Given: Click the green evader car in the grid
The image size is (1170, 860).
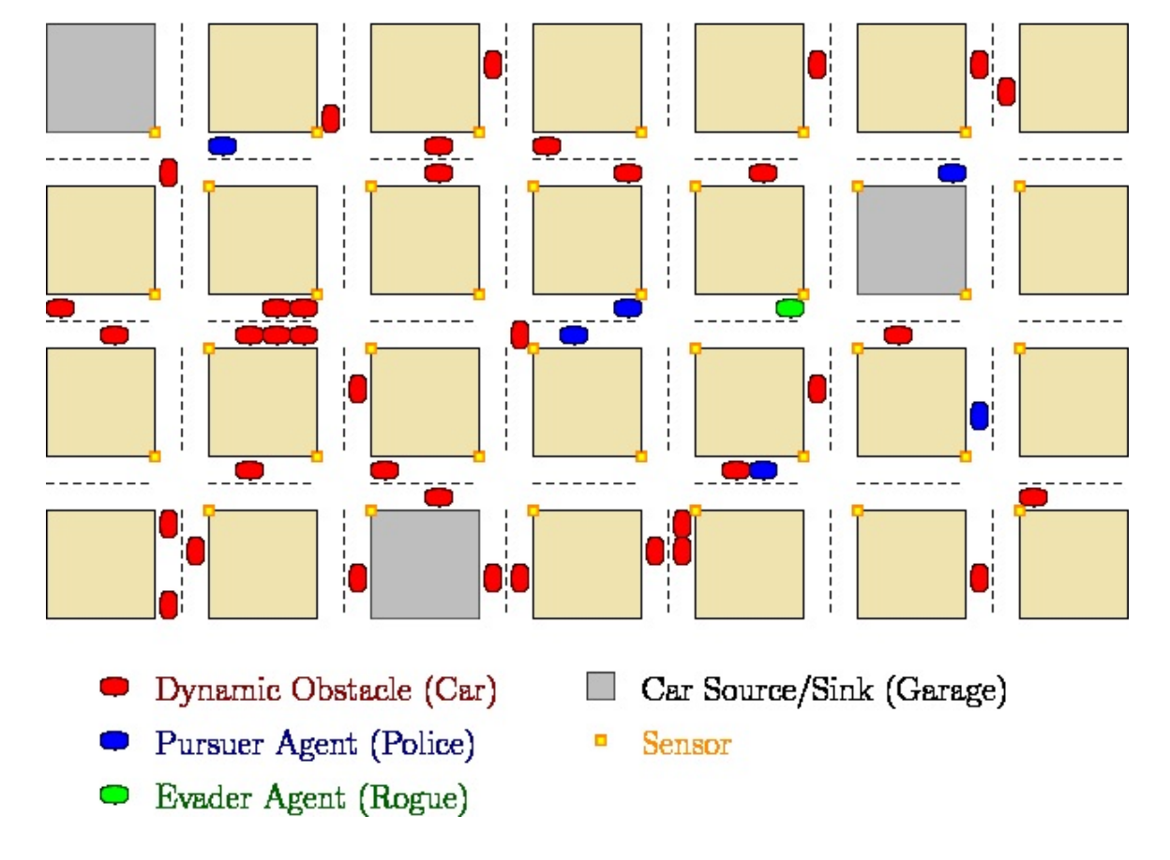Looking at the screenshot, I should tap(790, 307).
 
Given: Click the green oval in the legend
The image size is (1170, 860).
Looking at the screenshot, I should tap(114, 795).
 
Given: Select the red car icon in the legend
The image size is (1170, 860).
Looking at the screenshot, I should tap(114, 688).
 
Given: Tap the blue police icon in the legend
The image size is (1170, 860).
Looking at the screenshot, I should tap(114, 741).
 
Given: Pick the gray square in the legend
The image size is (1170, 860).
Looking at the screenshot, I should tap(600, 686).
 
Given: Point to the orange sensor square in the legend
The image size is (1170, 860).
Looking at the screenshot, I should tap(601, 741).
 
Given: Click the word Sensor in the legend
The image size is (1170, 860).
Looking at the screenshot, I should tap(686, 744).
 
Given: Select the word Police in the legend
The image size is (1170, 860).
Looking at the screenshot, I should tap(422, 744).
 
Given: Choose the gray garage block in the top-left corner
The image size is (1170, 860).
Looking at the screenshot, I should tap(100, 78).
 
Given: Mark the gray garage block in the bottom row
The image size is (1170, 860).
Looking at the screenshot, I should tap(425, 564).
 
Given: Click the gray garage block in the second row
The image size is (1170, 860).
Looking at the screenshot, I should tap(911, 240).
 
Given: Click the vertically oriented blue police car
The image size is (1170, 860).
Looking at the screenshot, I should tap(979, 415).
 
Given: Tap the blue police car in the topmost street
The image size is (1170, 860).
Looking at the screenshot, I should tap(222, 145).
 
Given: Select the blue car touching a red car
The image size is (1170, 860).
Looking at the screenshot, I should tap(763, 469).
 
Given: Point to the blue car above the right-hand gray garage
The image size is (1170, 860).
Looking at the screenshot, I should tap(952, 172).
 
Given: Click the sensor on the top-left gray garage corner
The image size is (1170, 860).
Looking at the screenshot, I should tap(155, 132).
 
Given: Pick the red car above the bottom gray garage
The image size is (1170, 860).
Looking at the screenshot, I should tap(439, 497).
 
